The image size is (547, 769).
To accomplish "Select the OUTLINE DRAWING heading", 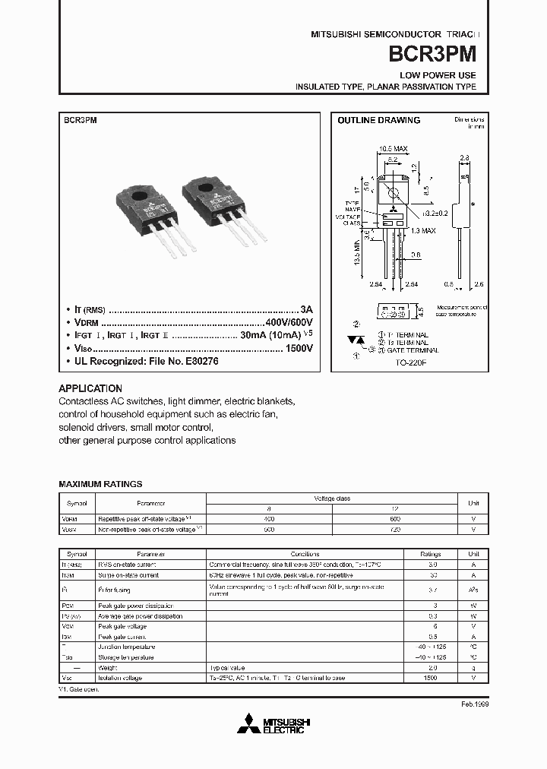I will click(378, 120).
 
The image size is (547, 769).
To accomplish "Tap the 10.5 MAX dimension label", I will click(393, 149).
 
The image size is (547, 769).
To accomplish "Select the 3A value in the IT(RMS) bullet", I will click(306, 310).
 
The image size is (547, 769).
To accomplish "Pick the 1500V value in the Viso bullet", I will click(299, 348).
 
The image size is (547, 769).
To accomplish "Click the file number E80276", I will click(198, 361).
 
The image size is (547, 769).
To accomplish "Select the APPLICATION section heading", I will click(90, 388).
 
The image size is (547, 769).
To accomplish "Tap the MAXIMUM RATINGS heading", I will click(100, 484).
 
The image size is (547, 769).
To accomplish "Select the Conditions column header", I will click(305, 554).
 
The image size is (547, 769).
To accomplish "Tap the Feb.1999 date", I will click(474, 704).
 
